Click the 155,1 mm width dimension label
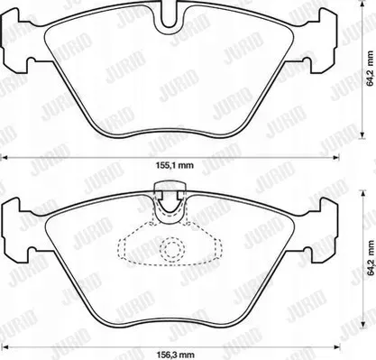coord(175,165)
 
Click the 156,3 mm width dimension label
coord(175,355)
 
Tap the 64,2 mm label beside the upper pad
coord(371,69)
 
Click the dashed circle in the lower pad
coord(172,248)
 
